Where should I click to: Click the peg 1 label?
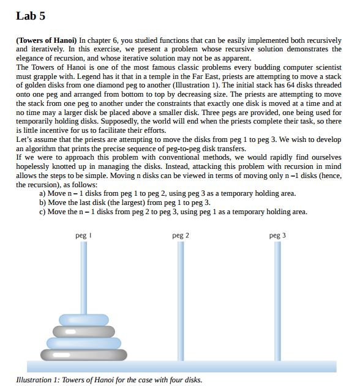(x=83, y=236)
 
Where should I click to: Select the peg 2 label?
(x=181, y=236)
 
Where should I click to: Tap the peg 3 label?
(x=277, y=236)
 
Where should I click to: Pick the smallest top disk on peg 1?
(x=84, y=319)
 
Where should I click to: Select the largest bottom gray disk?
(x=84, y=354)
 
